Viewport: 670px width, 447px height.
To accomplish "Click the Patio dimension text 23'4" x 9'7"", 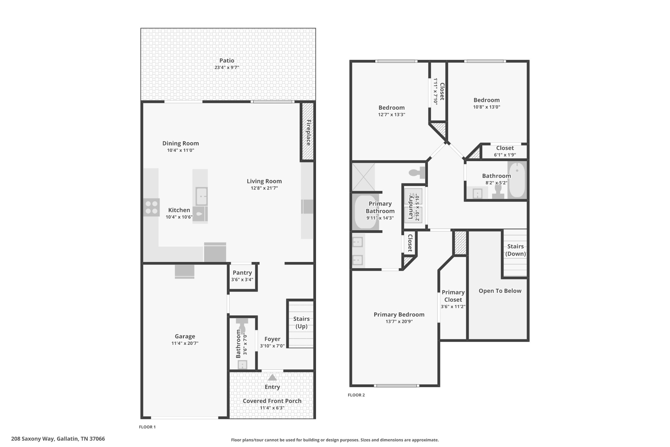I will point(227,67).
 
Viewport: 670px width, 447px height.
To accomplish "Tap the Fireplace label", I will point(308,132).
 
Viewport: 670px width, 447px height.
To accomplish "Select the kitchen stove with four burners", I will point(151,207).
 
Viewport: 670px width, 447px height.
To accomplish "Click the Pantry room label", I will point(242,272).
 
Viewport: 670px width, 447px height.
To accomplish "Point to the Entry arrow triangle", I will point(272,378).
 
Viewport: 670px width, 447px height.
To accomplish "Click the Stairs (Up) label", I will point(301,322).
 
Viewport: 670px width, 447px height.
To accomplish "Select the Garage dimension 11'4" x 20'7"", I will point(185,343).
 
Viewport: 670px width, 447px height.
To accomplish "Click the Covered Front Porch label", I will point(272,401).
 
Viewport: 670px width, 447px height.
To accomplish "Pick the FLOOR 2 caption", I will point(356,395).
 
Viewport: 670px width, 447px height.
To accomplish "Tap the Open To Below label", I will point(500,291).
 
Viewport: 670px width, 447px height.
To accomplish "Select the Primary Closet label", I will point(453,296).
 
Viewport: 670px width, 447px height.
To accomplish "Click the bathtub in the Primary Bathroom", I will point(366,212).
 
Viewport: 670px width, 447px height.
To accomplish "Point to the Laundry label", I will point(410,207).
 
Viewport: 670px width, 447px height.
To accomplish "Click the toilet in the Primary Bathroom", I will point(417,172).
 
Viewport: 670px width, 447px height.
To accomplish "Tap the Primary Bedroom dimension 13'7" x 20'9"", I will point(399,322).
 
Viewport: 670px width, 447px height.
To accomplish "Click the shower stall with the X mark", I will point(363,177).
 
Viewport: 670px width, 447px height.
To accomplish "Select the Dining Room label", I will point(181,143).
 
